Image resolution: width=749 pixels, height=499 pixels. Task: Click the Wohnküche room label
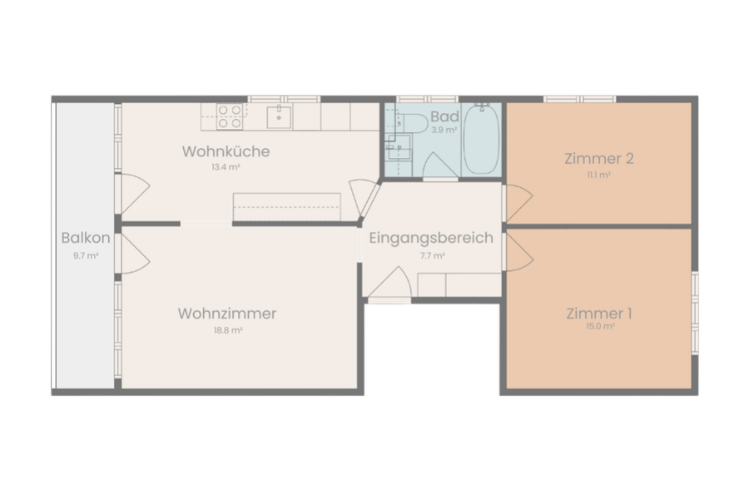click(x=226, y=151)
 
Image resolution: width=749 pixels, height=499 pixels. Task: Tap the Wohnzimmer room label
click(x=227, y=314)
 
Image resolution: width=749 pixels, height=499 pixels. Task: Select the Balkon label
click(x=86, y=238)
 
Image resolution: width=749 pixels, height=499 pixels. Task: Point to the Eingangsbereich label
click(x=431, y=238)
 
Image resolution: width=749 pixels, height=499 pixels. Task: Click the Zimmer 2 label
click(x=599, y=159)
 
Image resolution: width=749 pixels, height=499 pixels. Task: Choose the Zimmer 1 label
click(x=599, y=314)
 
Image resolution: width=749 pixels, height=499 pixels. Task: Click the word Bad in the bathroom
click(x=444, y=116)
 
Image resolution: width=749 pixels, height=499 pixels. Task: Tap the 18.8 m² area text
click(x=228, y=330)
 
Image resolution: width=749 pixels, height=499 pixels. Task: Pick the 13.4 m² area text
click(x=226, y=168)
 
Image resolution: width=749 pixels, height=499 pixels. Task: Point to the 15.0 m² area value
click(x=600, y=327)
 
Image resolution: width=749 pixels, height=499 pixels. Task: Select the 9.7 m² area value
click(x=86, y=256)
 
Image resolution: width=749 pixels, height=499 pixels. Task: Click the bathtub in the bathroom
click(x=482, y=139)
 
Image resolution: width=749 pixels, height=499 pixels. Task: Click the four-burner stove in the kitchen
click(x=230, y=117)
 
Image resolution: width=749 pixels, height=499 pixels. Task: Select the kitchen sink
click(x=279, y=117)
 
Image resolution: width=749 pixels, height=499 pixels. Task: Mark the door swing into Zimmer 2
click(x=519, y=202)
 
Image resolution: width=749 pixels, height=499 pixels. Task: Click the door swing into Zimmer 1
click(x=519, y=253)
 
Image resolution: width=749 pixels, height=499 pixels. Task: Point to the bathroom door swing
click(x=440, y=166)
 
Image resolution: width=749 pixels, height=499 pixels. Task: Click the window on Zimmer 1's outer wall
click(x=695, y=314)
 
